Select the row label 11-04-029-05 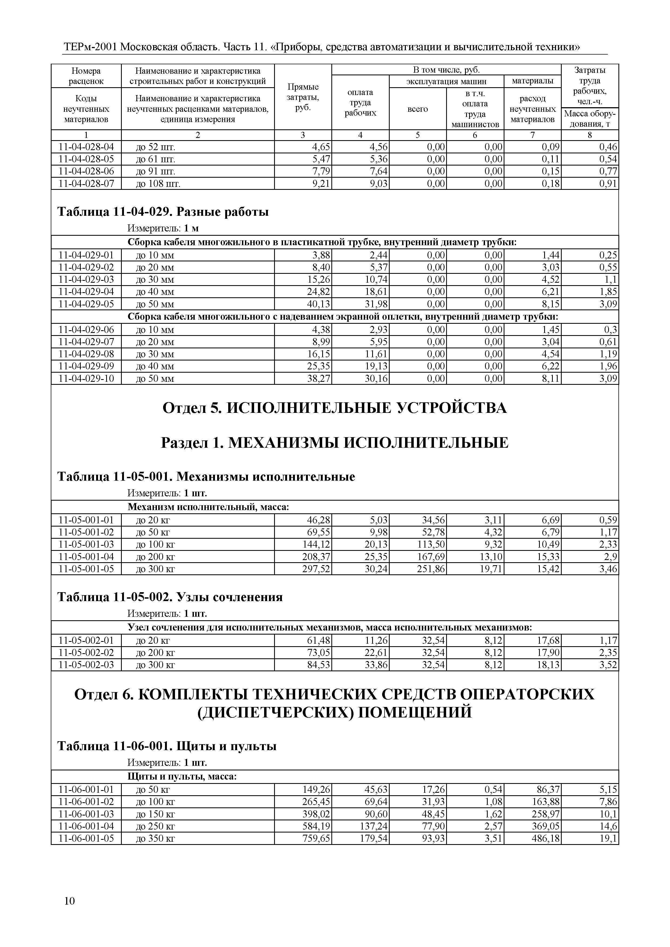tap(86, 304)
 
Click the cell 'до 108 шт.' tap(159, 184)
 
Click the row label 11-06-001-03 tap(86, 814)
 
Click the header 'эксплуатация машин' tap(446, 81)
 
